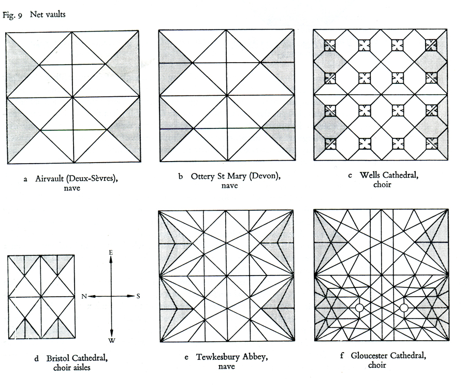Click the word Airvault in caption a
(x=49, y=178)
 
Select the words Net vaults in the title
(x=48, y=15)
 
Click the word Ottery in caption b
(x=202, y=176)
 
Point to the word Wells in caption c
(x=368, y=175)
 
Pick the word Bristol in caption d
(x=58, y=358)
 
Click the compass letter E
(x=111, y=252)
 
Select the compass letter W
(x=112, y=340)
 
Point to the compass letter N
(x=84, y=296)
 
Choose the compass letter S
(x=138, y=296)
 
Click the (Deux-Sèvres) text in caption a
(x=92, y=178)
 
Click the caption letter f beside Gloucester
(x=342, y=355)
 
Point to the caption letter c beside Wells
(x=350, y=176)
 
